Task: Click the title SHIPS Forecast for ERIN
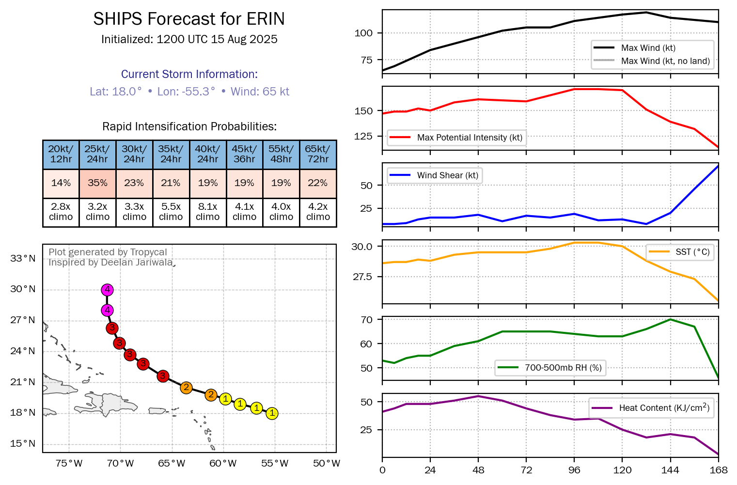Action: click(189, 19)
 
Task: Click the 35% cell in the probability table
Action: click(97, 183)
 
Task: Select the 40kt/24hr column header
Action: click(207, 154)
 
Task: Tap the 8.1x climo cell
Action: click(207, 212)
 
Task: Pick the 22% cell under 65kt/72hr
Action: click(318, 183)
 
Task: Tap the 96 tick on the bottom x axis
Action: click(574, 470)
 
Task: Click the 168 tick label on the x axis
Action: click(719, 470)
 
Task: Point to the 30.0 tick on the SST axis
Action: click(362, 247)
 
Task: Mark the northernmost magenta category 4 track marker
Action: click(107, 290)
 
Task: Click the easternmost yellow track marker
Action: click(272, 413)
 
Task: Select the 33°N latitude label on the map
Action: click(23, 259)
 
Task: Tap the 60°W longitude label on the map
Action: click(223, 464)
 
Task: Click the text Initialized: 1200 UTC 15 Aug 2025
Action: click(189, 40)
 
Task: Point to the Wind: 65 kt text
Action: click(260, 92)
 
